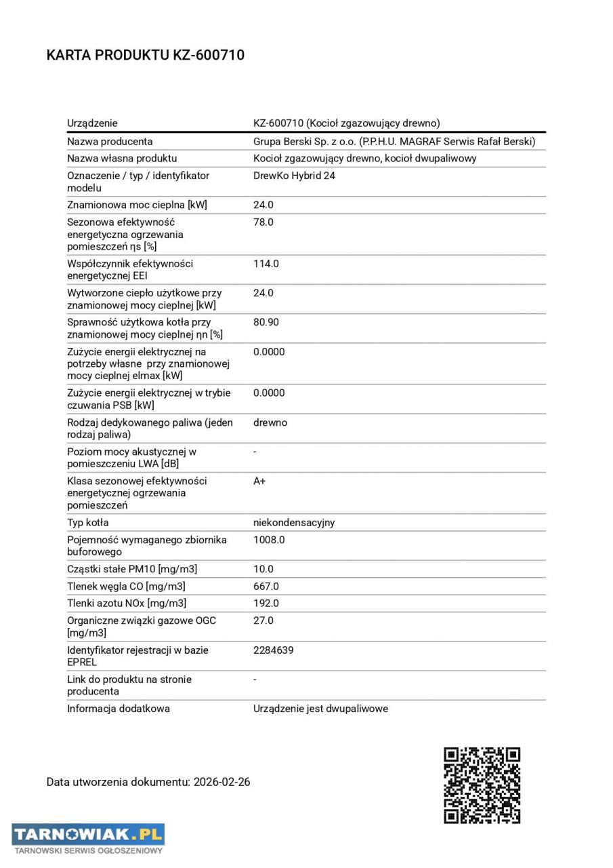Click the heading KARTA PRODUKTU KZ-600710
146,55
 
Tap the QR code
482,785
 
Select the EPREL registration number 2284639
274,650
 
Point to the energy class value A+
259,481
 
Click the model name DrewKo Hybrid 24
294,176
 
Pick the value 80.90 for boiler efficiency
266,322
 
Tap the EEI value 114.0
266,263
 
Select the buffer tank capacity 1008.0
269,540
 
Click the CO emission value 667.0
266,586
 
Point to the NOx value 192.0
266,603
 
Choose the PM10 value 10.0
263,569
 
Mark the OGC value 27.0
263,620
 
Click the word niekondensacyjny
294,522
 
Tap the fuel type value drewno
270,422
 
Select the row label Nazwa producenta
110,141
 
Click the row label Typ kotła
88,522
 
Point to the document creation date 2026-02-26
221,782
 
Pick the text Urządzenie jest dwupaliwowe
320,709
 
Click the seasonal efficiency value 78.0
263,222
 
